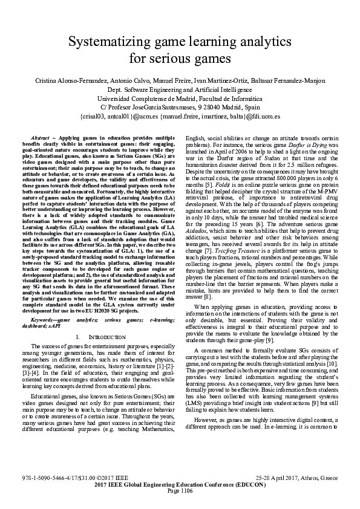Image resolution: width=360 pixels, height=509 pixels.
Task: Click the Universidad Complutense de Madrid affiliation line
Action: tap(180, 98)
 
